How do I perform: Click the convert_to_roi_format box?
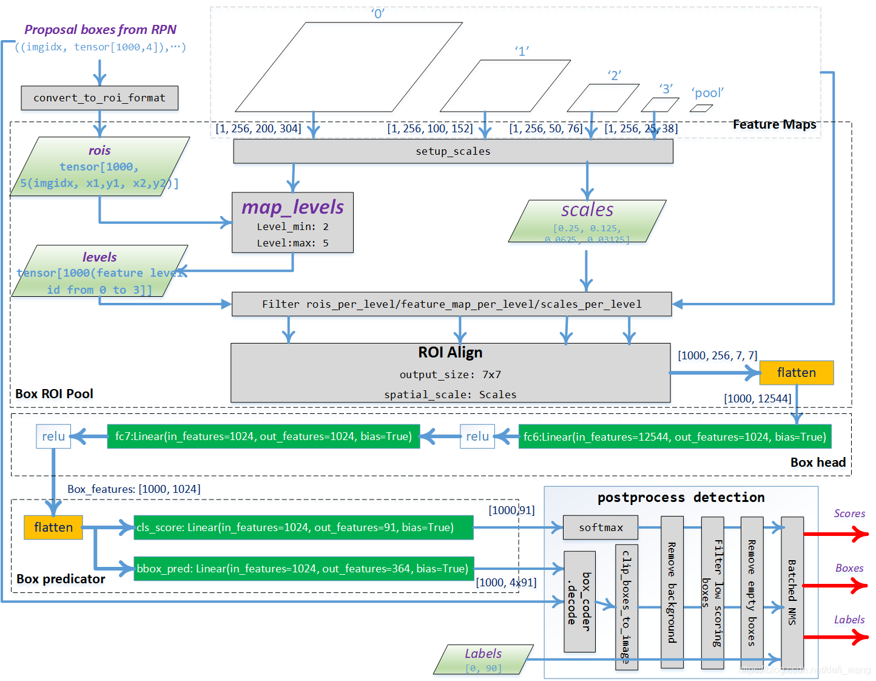click(99, 98)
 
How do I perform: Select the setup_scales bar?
click(453, 151)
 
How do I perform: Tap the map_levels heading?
click(292, 208)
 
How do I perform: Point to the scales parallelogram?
click(587, 221)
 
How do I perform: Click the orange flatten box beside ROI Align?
click(796, 373)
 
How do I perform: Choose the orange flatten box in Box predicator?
click(53, 527)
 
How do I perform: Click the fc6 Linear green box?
click(674, 436)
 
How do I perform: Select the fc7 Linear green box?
click(263, 436)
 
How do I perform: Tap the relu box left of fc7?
click(53, 436)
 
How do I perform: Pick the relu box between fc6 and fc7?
click(477, 436)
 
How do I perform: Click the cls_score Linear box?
click(303, 527)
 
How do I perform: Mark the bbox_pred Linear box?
click(303, 569)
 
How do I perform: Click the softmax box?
click(600, 527)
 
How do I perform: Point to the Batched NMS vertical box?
click(792, 592)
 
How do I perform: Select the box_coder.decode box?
click(579, 601)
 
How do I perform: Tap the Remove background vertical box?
click(672, 592)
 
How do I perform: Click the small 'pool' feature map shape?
click(701, 109)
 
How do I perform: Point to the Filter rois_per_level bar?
click(451, 304)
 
